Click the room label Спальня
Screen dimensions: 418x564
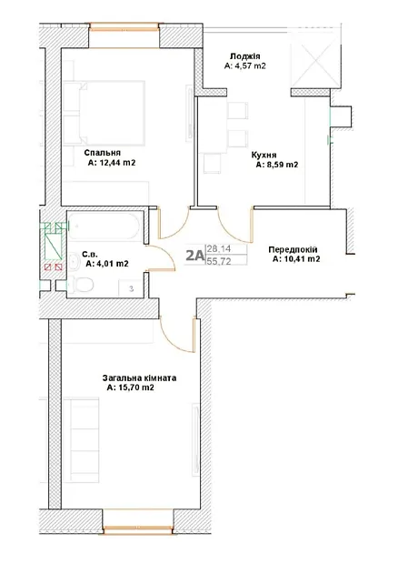pos(103,153)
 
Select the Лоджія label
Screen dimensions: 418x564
pos(245,56)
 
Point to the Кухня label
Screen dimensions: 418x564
pos(264,155)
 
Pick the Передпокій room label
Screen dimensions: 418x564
pos(293,249)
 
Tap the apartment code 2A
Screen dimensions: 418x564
pos(194,256)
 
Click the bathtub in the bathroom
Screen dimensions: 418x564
pos(104,227)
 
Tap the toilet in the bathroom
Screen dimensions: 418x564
pos(81,285)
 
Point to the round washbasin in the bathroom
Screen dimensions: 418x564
pos(75,261)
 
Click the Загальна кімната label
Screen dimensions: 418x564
pos(139,378)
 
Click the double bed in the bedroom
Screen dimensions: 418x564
pos(104,114)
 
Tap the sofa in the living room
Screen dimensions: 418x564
pos(85,439)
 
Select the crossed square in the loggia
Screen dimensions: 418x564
pos(314,61)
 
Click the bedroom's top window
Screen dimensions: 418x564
pos(124,27)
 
